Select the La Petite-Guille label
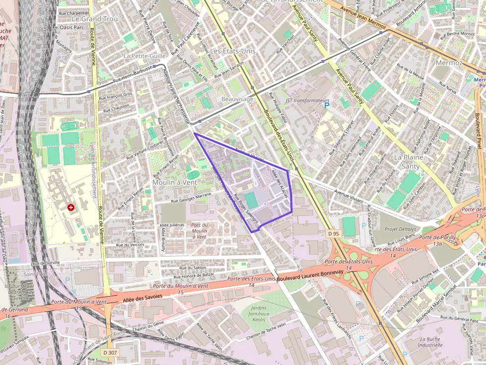point(145,56)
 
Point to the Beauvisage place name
point(238,99)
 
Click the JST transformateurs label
point(307,101)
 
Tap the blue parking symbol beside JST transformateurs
point(326,105)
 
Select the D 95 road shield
point(333,233)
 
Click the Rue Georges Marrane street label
point(191,198)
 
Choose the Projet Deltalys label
point(401,229)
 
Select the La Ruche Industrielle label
point(429,342)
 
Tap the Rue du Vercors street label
point(130,245)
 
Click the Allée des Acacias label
point(280,185)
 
